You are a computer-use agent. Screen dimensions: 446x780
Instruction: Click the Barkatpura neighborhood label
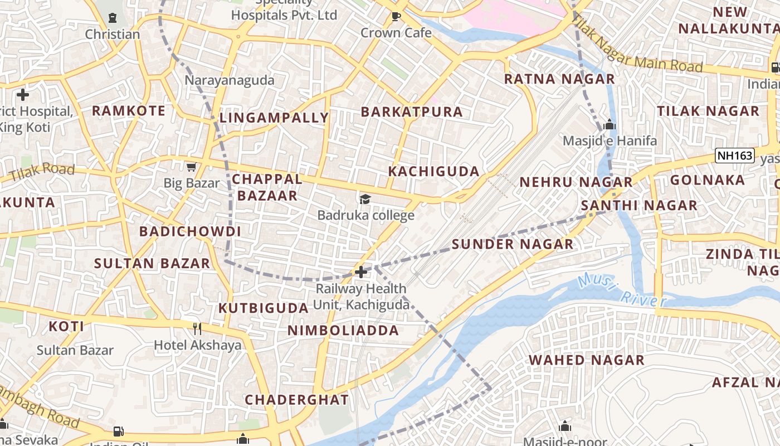click(x=411, y=112)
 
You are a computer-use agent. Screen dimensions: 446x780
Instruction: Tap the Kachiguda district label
click(x=433, y=172)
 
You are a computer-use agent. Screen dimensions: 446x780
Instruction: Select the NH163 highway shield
click(x=734, y=156)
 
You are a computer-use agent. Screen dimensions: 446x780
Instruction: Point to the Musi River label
click(x=622, y=290)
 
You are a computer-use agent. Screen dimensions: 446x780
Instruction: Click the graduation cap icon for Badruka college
click(x=365, y=199)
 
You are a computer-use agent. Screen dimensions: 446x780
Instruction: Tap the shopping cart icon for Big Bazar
click(x=192, y=167)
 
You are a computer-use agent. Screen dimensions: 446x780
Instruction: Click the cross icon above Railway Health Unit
click(x=361, y=272)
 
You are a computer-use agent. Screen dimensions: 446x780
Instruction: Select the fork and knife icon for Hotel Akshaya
click(x=197, y=328)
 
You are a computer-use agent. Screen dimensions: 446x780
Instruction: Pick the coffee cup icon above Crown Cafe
click(x=396, y=17)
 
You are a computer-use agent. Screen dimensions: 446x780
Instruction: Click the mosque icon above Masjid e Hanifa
click(x=610, y=124)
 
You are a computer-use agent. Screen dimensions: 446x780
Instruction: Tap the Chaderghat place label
click(x=296, y=400)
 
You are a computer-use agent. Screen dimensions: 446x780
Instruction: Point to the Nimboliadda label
click(x=343, y=331)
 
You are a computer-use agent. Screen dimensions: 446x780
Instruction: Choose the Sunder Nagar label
click(x=512, y=244)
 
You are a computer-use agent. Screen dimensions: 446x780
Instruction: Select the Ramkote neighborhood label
click(x=129, y=111)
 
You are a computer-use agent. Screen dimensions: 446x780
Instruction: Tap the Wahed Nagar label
click(x=587, y=360)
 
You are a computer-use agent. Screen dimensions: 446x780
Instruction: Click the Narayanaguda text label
click(x=230, y=80)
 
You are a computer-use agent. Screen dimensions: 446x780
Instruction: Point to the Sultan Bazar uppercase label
click(x=152, y=264)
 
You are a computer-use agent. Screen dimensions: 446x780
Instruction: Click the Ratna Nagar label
click(x=559, y=79)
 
